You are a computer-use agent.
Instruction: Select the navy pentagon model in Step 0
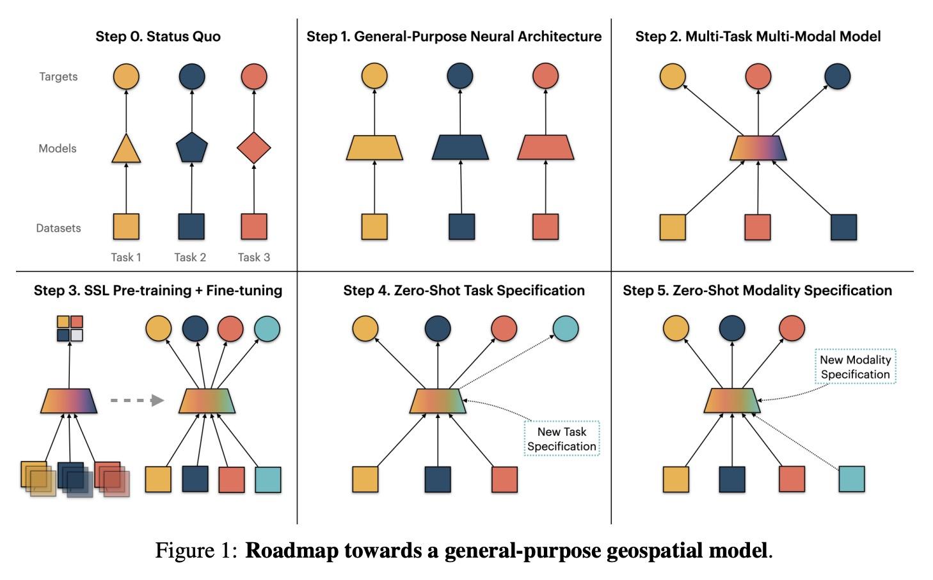191,147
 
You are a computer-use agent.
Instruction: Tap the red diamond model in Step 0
254,148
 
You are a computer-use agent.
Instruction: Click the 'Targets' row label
58,77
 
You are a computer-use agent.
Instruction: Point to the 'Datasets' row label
58,228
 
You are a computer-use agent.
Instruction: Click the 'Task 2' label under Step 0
190,257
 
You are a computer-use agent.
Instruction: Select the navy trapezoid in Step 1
460,147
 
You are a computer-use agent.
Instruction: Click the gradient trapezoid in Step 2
758,148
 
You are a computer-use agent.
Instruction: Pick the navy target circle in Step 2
837,77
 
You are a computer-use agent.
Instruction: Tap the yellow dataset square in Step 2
673,227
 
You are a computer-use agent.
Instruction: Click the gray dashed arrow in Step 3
136,401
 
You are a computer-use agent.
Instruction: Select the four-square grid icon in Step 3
70,328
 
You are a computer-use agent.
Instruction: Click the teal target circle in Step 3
267,329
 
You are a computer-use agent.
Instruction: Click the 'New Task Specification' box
562,439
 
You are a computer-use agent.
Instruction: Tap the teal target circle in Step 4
566,328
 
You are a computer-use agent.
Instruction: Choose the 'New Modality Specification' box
855,367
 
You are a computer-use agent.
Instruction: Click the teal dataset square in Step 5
851,479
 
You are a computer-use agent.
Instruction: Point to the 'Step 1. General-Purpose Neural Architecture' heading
454,36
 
